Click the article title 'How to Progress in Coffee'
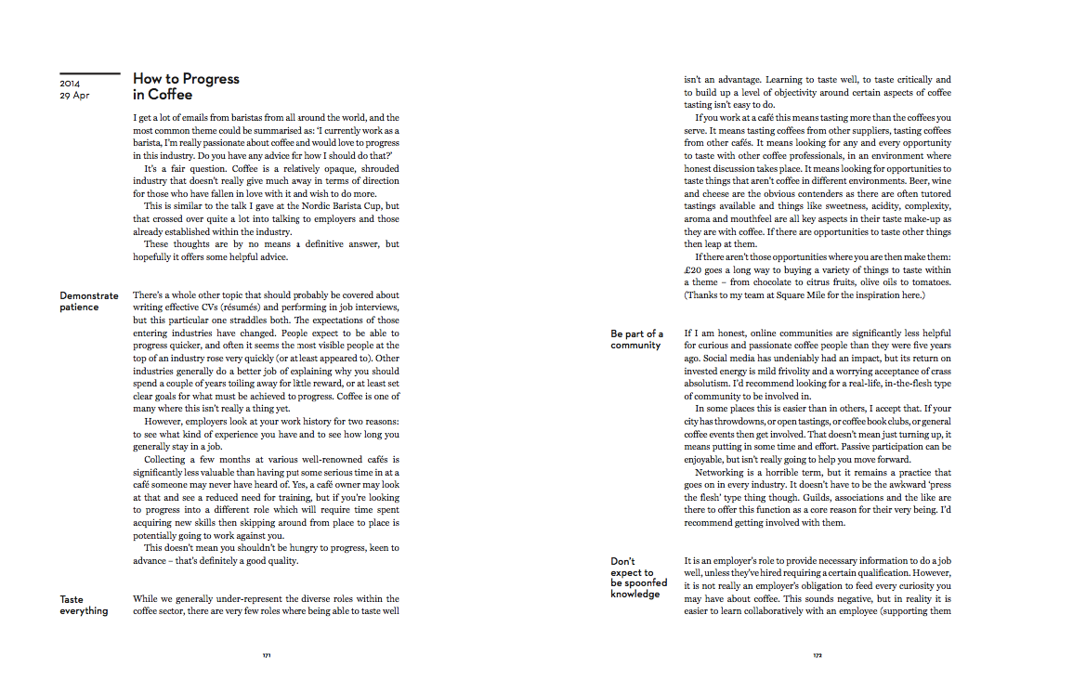(x=186, y=86)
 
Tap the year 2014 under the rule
(x=70, y=84)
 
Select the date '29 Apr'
(x=75, y=95)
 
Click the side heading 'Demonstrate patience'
(x=88, y=301)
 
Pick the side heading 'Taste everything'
(x=84, y=605)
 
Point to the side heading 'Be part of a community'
(x=636, y=339)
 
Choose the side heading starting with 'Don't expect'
(x=638, y=577)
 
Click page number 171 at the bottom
(x=267, y=655)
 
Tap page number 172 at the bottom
(x=818, y=655)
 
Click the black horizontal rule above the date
(x=90, y=73)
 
